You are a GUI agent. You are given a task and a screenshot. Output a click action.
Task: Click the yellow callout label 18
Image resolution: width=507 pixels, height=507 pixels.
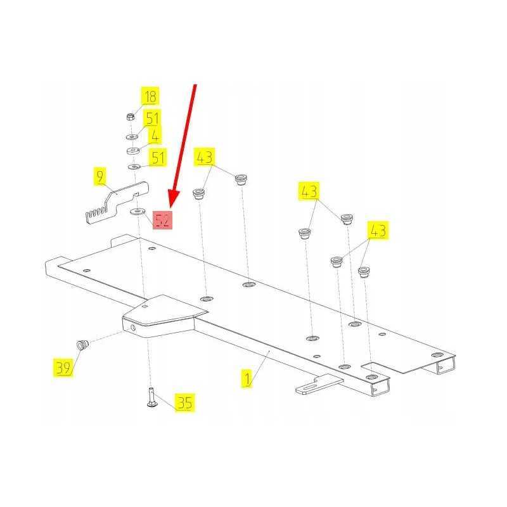click(x=150, y=96)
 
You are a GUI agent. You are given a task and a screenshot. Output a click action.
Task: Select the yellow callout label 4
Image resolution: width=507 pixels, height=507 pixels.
click(x=155, y=136)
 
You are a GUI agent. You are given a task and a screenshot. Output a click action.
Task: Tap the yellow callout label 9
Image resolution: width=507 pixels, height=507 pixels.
click(x=100, y=177)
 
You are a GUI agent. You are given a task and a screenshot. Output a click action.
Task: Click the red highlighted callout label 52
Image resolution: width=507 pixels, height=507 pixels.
click(x=162, y=220)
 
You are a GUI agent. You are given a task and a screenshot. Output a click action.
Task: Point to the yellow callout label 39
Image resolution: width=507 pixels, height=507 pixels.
click(x=63, y=368)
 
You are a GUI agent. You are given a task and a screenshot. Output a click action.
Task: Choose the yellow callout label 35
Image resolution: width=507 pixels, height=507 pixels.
click(x=185, y=402)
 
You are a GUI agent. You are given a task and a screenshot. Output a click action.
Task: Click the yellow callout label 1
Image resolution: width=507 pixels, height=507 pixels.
click(x=247, y=379)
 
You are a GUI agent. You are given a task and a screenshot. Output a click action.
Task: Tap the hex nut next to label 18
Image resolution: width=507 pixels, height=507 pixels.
click(x=130, y=117)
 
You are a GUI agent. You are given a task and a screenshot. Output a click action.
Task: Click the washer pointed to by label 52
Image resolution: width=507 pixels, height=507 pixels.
click(x=138, y=212)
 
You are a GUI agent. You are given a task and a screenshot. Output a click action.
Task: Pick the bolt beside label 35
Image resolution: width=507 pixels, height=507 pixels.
click(x=151, y=397)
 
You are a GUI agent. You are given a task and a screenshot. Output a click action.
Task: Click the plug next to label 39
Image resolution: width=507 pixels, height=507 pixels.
click(x=83, y=345)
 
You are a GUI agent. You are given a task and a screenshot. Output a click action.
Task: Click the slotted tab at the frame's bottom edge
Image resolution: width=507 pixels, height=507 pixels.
click(x=319, y=384)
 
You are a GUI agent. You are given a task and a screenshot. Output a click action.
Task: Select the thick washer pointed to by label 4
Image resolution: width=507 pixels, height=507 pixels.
click(x=132, y=151)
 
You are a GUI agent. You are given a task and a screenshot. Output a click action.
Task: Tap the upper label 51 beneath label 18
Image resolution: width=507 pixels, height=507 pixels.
click(x=152, y=119)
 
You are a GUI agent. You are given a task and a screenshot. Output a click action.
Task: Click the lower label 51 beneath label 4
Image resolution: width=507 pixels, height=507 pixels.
click(x=158, y=157)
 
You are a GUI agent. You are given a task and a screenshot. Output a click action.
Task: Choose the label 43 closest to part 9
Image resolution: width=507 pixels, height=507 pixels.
click(x=204, y=157)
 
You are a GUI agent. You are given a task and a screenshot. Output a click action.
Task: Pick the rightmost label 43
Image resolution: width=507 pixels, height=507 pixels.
click(x=378, y=230)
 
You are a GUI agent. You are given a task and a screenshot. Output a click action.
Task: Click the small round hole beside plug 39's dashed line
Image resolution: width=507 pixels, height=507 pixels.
click(x=133, y=328)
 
